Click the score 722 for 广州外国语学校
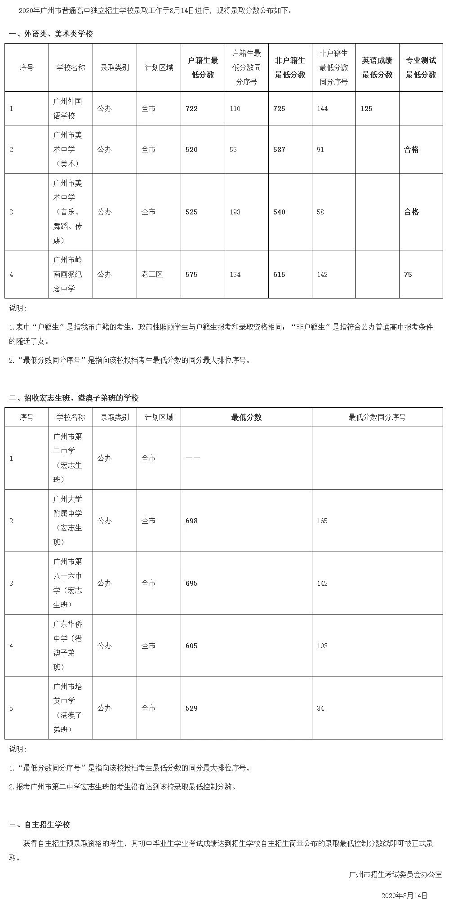pyautogui.click(x=191, y=109)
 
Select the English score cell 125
pyautogui.click(x=367, y=109)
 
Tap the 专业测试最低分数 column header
pyautogui.click(x=421, y=68)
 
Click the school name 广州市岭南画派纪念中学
pyautogui.click(x=68, y=274)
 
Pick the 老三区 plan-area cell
pyautogui.click(x=152, y=274)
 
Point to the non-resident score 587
pyautogui.click(x=279, y=150)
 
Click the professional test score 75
pyautogui.click(x=408, y=274)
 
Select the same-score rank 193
pyautogui.click(x=235, y=212)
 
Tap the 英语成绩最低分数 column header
pyautogui.click(x=377, y=68)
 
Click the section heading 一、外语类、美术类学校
pyautogui.click(x=51, y=34)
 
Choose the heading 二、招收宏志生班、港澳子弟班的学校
pyautogui.click(x=74, y=398)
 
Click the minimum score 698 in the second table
pyautogui.click(x=191, y=521)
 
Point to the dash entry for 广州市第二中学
pyautogui.click(x=193, y=459)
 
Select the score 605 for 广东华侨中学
pyautogui.click(x=191, y=646)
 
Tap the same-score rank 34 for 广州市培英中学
pyautogui.click(x=320, y=708)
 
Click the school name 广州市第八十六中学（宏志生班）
pyautogui.click(x=68, y=583)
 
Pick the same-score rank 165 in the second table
pyautogui.click(x=322, y=521)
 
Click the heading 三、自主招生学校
pyautogui.click(x=40, y=825)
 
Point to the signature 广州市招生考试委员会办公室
pyautogui.click(x=395, y=875)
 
